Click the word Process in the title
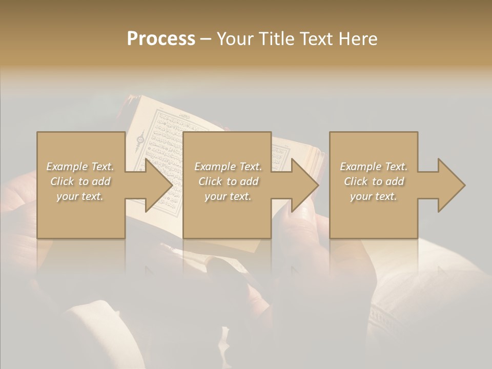tap(161, 38)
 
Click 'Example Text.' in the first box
tap(80, 167)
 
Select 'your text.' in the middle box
tap(228, 196)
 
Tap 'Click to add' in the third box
tap(374, 181)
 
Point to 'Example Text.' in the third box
tap(374, 167)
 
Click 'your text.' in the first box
tap(80, 196)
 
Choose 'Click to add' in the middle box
tap(228, 181)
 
